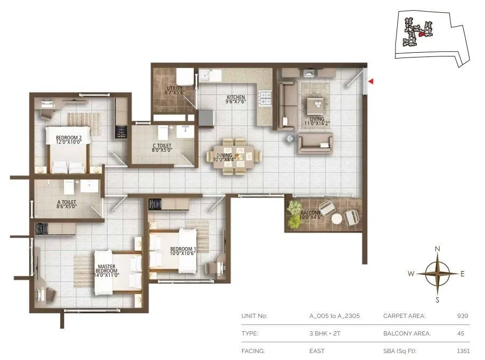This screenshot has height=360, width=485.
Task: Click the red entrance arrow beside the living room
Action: point(371,81)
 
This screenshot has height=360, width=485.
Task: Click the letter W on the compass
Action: point(411,274)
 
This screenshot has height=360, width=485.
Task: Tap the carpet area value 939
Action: point(462,316)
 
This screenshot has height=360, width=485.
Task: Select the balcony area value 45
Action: point(460,333)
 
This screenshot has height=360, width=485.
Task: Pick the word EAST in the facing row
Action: point(317,351)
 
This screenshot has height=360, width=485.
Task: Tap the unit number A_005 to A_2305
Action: point(335,316)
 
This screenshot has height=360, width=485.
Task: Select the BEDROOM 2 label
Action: point(69,140)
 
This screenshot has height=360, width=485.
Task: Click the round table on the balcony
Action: point(337,218)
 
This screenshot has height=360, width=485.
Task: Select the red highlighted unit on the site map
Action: point(421,34)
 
